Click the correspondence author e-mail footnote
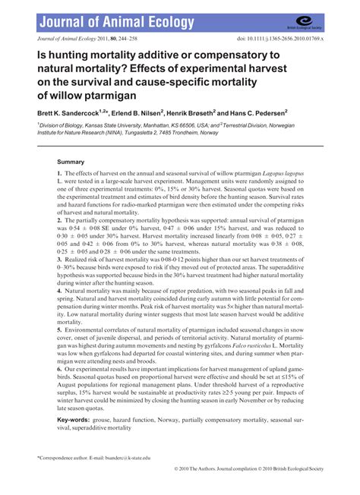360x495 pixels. click(95, 458)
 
